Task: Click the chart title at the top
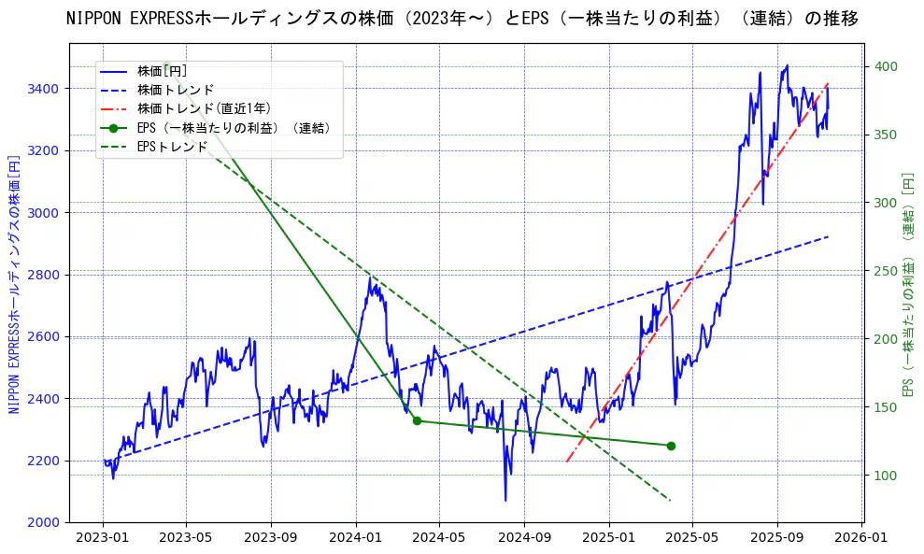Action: click(x=462, y=19)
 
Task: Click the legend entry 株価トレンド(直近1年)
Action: click(x=205, y=108)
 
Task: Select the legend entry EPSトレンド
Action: click(x=172, y=147)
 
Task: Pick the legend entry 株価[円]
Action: click(x=163, y=70)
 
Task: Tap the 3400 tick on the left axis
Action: click(x=44, y=89)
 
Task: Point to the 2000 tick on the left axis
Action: click(x=44, y=522)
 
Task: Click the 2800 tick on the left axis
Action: click(x=44, y=275)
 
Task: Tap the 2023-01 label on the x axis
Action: click(x=103, y=538)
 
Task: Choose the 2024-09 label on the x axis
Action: click(x=523, y=538)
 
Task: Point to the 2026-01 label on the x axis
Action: click(x=860, y=538)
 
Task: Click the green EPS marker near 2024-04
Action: click(x=417, y=420)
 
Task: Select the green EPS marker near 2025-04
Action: click(x=671, y=446)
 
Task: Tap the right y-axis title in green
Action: click(x=907, y=282)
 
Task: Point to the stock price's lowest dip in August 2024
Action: click(x=505, y=500)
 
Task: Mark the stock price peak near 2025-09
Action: click(x=787, y=65)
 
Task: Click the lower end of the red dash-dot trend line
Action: click(x=567, y=461)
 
